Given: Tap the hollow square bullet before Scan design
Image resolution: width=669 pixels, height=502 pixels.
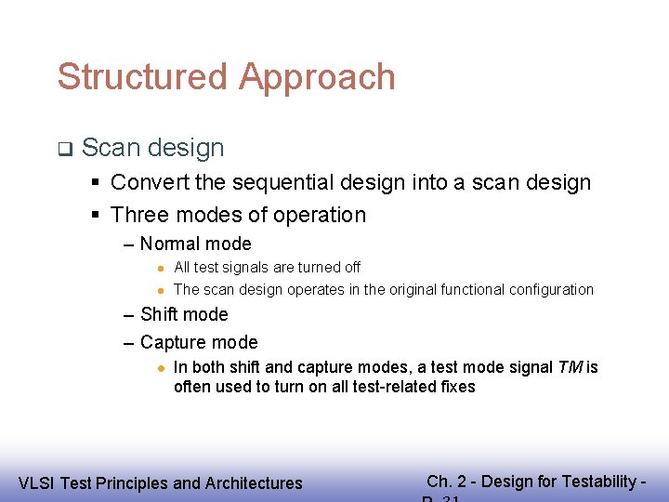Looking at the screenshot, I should (64, 148).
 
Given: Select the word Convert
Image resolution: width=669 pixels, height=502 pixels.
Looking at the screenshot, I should (153, 182).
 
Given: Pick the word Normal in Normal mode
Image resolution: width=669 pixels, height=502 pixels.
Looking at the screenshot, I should (169, 244).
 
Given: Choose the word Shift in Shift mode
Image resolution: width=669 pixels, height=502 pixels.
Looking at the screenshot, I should (160, 314).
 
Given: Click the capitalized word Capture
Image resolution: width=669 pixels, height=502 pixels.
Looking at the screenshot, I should (174, 342).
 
